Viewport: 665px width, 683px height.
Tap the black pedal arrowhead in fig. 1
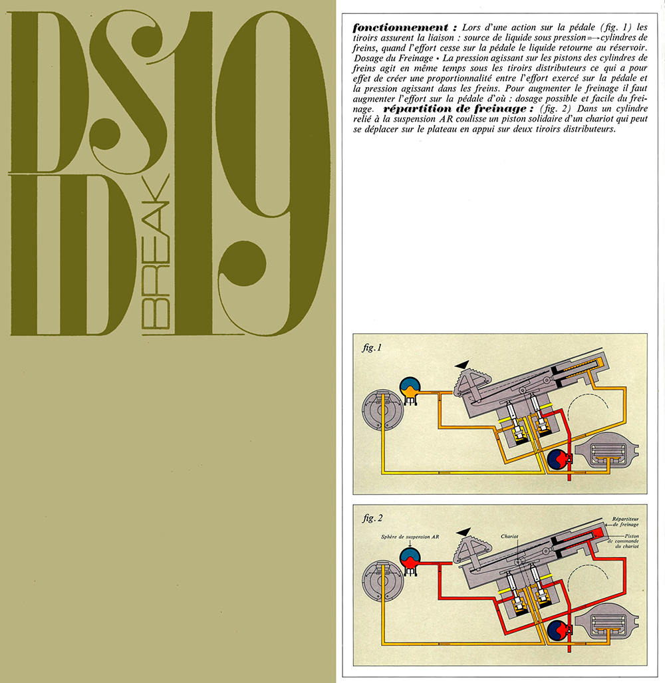coord(463,363)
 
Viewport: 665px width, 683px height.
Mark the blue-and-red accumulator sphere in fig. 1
coord(557,459)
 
